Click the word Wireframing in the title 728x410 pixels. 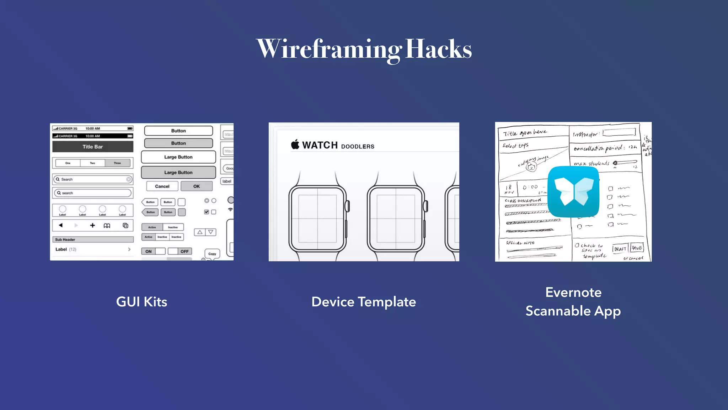pos(329,49)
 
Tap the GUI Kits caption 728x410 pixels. pos(141,302)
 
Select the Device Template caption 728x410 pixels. pos(364,302)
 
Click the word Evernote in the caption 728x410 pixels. pos(573,293)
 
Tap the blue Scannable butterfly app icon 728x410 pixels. pos(573,191)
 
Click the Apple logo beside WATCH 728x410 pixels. pos(295,144)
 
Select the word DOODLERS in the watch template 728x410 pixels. pos(358,147)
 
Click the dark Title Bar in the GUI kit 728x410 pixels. pos(93,147)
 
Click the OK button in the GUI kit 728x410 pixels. pos(197,186)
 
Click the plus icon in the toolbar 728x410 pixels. pos(92,225)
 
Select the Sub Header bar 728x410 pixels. pos(93,240)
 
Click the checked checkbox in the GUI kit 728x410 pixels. pos(207,212)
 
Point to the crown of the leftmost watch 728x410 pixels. pos(348,206)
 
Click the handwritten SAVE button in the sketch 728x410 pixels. pos(637,248)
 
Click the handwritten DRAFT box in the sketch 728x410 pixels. pos(620,249)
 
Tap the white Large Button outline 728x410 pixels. pos(178,157)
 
